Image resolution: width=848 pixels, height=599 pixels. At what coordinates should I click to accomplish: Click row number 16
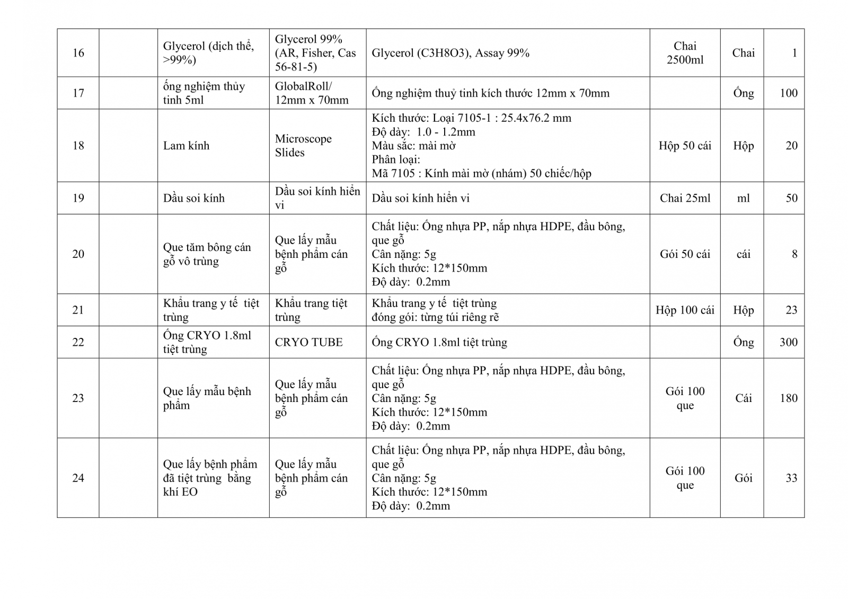click(78, 53)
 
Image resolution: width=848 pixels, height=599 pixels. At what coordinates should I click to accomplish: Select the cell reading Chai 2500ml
click(685, 53)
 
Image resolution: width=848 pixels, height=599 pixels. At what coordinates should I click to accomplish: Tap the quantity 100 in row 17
click(788, 93)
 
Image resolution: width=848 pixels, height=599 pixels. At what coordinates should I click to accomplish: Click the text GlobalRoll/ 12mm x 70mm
click(312, 93)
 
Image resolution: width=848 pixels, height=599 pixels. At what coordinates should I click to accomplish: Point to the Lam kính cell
click(186, 146)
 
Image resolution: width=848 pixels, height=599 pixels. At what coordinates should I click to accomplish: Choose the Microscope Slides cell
click(303, 146)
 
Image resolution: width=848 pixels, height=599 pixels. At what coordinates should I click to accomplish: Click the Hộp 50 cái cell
click(685, 146)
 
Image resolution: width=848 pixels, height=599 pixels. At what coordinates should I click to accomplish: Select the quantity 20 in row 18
click(791, 146)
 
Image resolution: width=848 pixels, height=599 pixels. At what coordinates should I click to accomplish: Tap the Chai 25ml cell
click(685, 198)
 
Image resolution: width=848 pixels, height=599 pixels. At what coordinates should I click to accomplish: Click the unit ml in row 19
click(743, 198)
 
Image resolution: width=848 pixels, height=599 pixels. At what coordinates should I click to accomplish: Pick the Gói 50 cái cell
click(685, 254)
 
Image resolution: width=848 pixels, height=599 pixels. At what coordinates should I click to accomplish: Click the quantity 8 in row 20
click(794, 254)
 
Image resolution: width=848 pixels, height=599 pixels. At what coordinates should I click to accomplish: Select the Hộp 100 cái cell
click(685, 310)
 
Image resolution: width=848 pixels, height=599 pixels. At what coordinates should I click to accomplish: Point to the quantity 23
click(791, 310)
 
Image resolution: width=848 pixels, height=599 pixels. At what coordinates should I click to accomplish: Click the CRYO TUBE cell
click(308, 342)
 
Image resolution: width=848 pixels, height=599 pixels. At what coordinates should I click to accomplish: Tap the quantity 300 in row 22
click(788, 342)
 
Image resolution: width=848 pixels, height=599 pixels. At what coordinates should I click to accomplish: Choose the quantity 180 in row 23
click(788, 398)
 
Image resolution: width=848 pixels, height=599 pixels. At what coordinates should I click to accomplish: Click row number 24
click(78, 478)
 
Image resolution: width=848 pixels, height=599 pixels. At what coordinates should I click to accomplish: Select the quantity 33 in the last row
click(791, 478)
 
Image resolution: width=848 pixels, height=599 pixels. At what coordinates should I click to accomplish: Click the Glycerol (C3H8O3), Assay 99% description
click(450, 53)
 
